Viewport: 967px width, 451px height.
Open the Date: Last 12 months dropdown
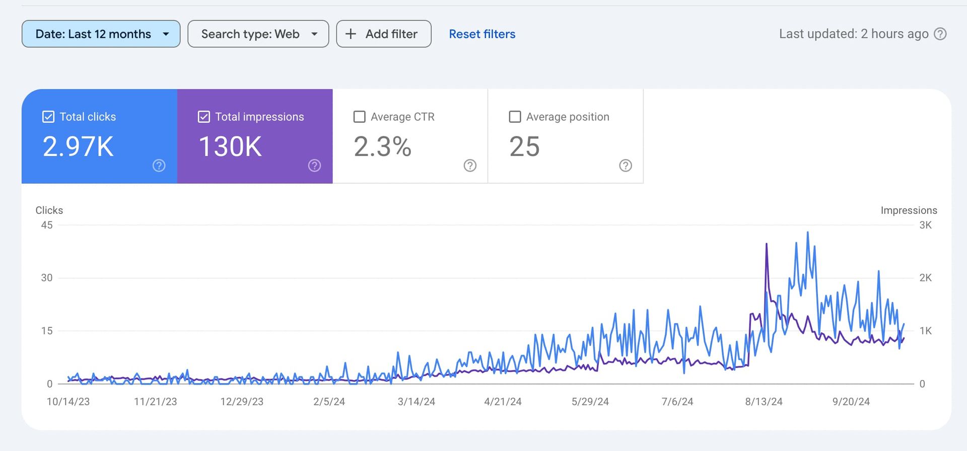[x=101, y=34]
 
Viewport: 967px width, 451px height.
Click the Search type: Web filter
[x=258, y=34]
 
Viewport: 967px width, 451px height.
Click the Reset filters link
[x=482, y=34]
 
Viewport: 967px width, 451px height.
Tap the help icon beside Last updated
[x=940, y=34]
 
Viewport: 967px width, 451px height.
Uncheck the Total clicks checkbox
[x=48, y=117]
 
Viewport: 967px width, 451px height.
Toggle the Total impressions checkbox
[x=204, y=117]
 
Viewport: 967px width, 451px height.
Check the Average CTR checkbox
[x=360, y=117]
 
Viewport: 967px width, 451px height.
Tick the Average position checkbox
[x=515, y=117]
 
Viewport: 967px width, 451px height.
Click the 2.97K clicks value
[x=78, y=146]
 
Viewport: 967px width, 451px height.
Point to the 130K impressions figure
[x=230, y=146]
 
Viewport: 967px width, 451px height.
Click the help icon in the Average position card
[x=625, y=166]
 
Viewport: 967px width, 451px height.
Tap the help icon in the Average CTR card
[x=470, y=166]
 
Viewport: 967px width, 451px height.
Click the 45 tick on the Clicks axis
[x=47, y=225]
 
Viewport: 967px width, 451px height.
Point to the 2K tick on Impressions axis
[x=925, y=278]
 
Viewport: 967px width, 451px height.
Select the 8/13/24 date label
[x=764, y=402]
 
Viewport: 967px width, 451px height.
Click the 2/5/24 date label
[x=329, y=402]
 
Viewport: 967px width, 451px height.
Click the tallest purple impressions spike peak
[x=767, y=244]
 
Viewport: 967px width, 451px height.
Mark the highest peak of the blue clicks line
[x=808, y=233]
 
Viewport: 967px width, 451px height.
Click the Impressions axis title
[x=909, y=210]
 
